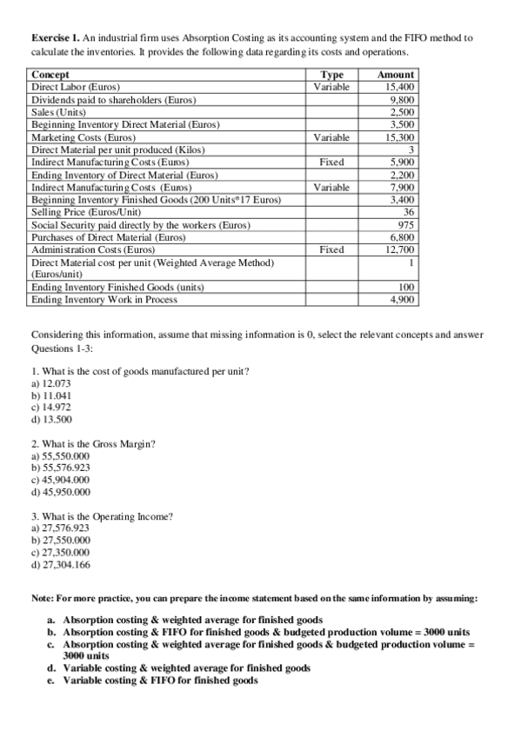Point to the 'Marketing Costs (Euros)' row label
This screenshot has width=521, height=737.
pyautogui.click(x=83, y=137)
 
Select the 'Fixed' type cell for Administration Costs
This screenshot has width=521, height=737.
pyautogui.click(x=333, y=249)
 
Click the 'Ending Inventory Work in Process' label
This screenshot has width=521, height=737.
pyautogui.click(x=104, y=300)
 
